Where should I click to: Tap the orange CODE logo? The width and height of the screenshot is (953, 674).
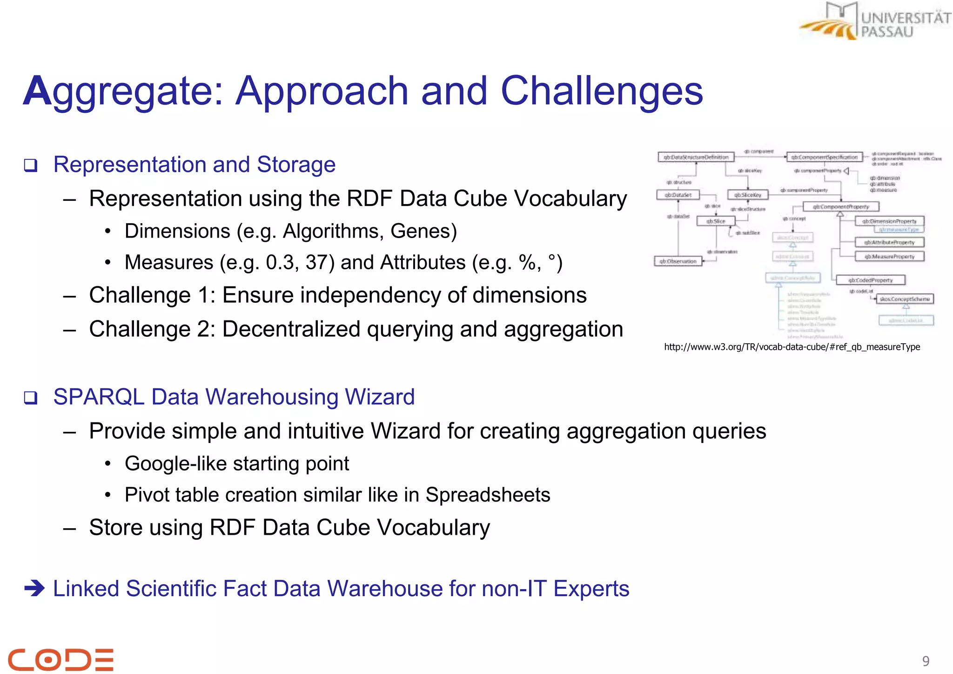[x=60, y=659]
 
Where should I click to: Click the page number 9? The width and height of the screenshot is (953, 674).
[x=926, y=661]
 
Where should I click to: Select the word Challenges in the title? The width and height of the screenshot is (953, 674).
[x=601, y=91]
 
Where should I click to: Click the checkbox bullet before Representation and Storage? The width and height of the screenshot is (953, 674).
[x=31, y=165]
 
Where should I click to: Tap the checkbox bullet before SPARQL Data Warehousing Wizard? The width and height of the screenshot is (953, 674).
[x=31, y=398]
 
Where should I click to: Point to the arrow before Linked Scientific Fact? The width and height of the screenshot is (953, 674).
[x=34, y=588]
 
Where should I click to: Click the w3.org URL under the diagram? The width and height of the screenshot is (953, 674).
[x=792, y=347]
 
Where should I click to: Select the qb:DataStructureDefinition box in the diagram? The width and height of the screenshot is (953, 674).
[x=696, y=157]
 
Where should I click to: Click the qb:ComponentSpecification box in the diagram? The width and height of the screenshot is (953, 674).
[x=824, y=157]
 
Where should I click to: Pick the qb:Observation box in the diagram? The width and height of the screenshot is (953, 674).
[x=678, y=261]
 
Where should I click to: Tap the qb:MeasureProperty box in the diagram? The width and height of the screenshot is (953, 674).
[x=889, y=256]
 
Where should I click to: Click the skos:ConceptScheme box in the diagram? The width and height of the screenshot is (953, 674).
[x=905, y=299]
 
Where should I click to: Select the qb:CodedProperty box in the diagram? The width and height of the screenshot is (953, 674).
[x=870, y=280]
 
